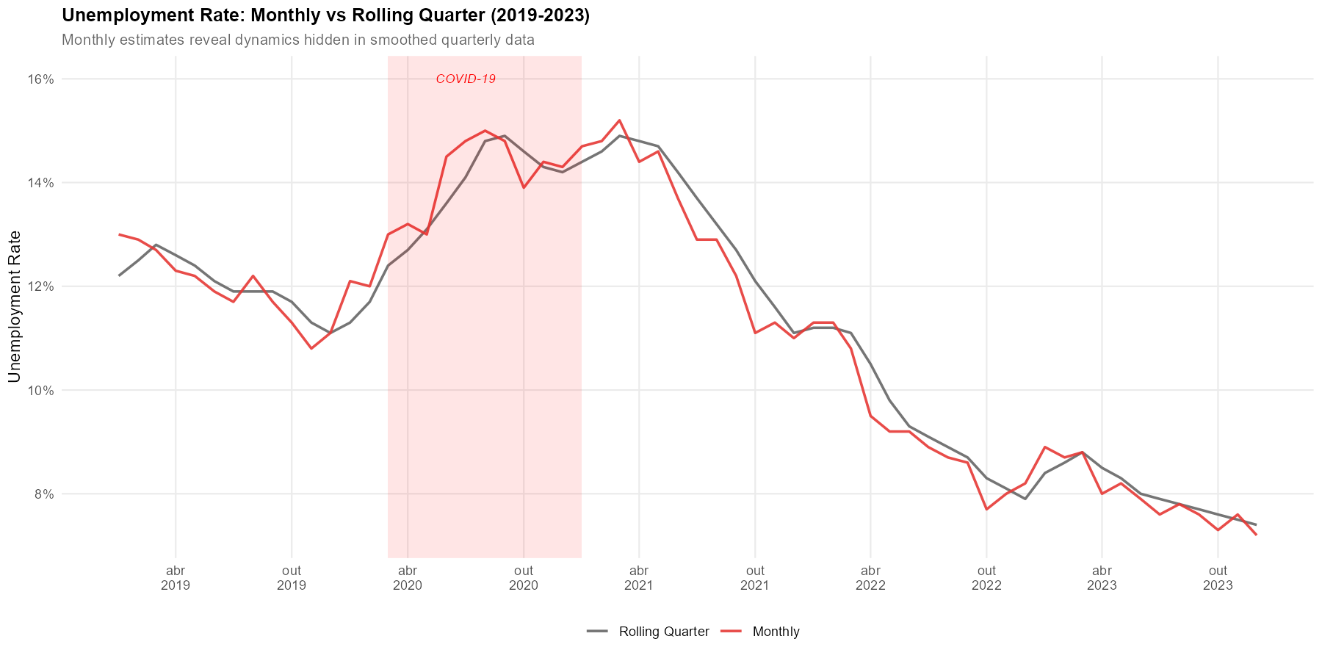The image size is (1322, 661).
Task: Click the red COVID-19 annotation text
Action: click(x=466, y=79)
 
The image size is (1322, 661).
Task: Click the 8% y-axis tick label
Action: click(x=44, y=494)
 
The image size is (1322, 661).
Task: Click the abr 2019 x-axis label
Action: click(x=176, y=577)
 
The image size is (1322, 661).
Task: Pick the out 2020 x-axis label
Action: click(x=524, y=577)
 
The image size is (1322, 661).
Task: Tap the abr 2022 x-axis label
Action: click(x=870, y=577)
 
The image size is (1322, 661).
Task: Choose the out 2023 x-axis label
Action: click(x=1218, y=577)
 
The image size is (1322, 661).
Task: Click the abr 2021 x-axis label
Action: click(x=639, y=577)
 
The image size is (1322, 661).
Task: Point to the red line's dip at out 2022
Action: click(x=986, y=509)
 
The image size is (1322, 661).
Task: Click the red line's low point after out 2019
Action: click(x=311, y=348)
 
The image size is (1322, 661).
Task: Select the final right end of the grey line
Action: click(x=1256, y=524)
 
